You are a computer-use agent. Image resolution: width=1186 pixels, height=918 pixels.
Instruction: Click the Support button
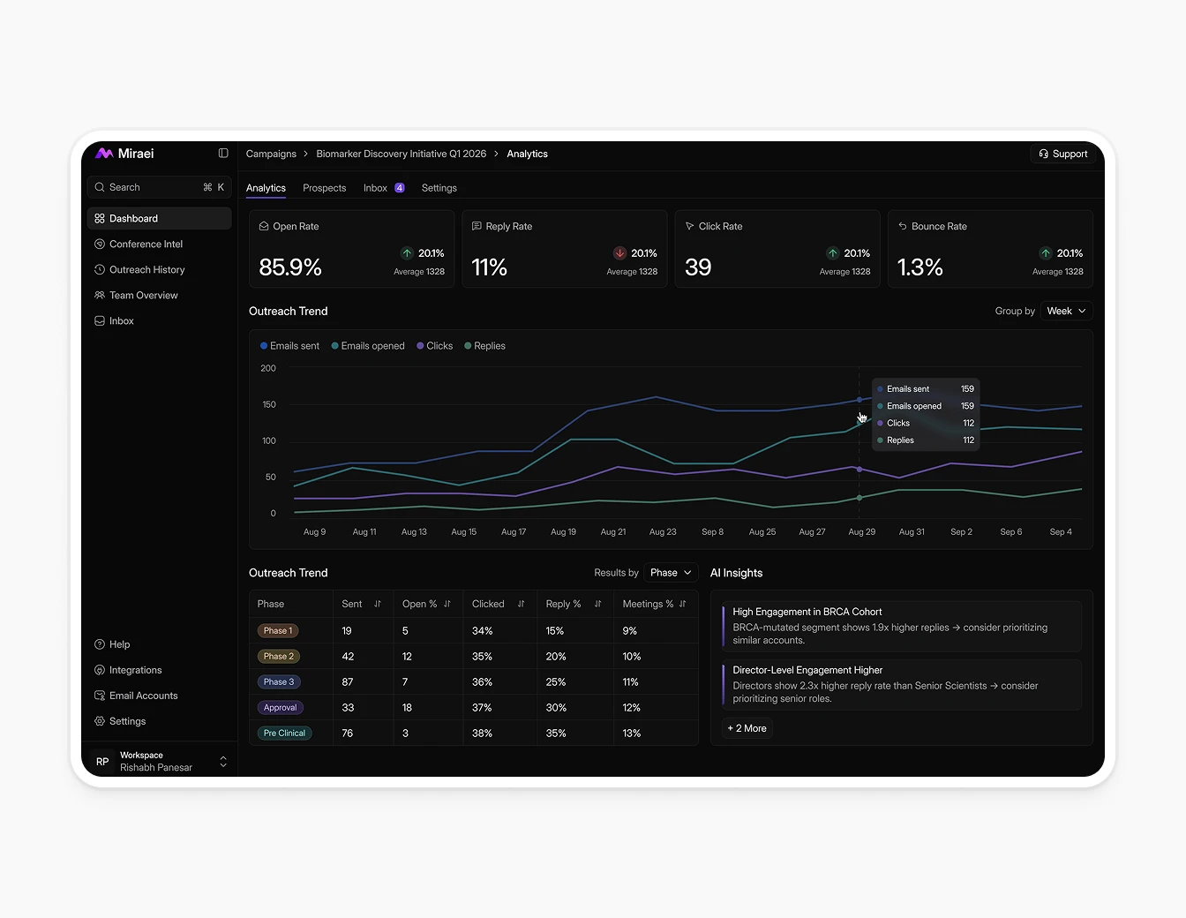tap(1062, 154)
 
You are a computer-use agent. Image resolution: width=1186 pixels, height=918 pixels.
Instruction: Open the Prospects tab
tap(324, 188)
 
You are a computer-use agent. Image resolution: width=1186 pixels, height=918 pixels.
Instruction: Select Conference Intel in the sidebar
tap(146, 245)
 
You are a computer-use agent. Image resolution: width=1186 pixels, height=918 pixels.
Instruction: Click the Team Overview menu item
tap(143, 296)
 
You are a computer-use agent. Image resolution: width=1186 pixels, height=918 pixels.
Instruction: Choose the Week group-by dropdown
tap(1066, 311)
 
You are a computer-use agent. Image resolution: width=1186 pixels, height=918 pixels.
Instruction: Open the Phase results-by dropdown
tap(671, 573)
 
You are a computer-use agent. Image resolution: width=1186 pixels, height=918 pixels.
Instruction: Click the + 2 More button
tap(747, 728)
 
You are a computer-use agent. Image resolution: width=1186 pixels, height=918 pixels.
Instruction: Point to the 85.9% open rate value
tap(290, 267)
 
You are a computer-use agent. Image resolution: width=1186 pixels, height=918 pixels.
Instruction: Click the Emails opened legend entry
tap(368, 346)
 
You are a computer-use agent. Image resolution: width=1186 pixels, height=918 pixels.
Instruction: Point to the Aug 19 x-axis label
tap(563, 532)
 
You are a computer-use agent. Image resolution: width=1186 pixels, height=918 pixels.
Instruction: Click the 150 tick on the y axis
tap(268, 404)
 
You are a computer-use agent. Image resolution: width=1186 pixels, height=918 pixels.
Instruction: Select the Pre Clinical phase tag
tap(284, 734)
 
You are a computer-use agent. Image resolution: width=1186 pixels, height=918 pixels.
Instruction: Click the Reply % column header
tap(563, 604)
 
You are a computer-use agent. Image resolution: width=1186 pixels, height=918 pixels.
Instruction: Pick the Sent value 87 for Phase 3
tap(348, 682)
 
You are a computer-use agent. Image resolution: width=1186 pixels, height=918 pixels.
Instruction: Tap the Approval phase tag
tap(280, 708)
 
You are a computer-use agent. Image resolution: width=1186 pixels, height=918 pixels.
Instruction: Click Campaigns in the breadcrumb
tap(271, 154)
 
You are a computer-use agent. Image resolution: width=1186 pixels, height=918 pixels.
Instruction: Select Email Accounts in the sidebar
tap(143, 696)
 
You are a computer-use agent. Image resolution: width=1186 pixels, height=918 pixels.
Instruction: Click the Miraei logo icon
tap(104, 154)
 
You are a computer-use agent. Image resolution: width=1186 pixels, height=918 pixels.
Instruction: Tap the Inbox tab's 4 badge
tap(400, 188)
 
